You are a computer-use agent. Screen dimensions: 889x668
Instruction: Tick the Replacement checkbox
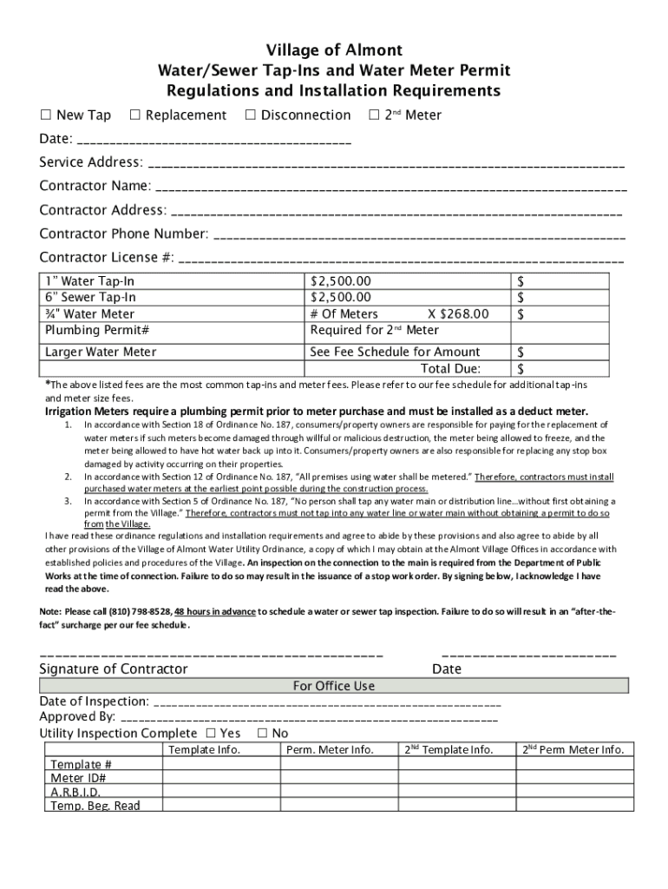point(134,115)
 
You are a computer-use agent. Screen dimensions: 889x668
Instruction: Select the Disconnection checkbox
point(250,115)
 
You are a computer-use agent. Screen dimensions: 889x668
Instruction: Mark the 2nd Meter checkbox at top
point(374,115)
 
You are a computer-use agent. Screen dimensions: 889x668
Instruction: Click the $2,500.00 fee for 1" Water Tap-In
point(340,281)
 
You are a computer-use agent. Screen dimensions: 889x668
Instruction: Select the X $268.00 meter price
point(458,314)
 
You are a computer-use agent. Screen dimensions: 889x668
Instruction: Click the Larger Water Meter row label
point(101,352)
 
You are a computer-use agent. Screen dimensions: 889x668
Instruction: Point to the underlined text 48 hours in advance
point(214,611)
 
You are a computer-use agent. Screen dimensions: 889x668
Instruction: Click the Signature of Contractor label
point(113,668)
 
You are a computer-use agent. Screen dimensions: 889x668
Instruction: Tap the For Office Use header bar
point(334,686)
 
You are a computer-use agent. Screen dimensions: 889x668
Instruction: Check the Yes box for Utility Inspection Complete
point(211,734)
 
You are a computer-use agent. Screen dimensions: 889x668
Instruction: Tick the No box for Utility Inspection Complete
point(262,734)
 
